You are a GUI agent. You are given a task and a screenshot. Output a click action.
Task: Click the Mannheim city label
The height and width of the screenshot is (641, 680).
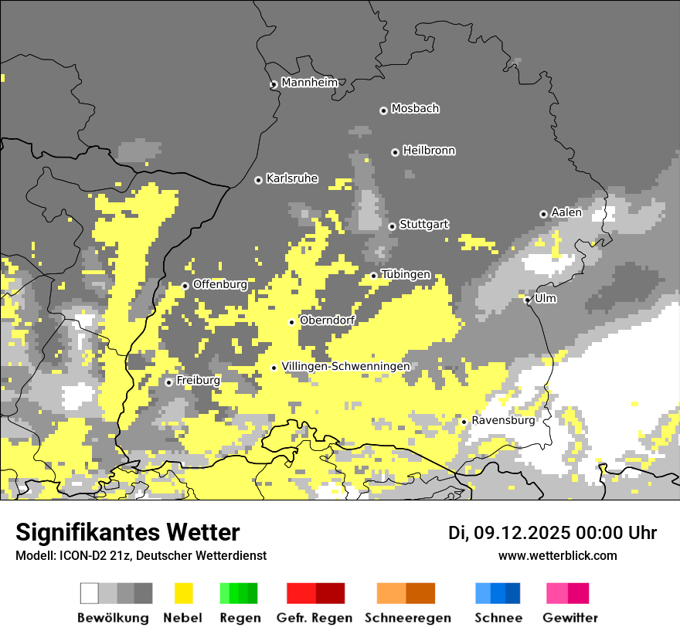(310, 83)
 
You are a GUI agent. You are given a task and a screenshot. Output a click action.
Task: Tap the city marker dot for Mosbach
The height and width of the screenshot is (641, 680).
(383, 110)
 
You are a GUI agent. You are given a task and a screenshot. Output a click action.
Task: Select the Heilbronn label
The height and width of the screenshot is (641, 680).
(429, 151)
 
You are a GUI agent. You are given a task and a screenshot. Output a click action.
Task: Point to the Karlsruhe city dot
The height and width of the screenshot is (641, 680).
(259, 180)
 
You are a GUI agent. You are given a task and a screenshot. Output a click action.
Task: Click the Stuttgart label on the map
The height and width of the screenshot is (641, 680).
(424, 225)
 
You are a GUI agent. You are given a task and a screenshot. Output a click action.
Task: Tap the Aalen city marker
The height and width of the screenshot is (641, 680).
(543, 214)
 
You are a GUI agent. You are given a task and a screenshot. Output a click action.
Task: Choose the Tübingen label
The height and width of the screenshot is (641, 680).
(406, 274)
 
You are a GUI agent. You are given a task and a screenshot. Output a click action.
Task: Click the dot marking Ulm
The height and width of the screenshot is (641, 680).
(528, 300)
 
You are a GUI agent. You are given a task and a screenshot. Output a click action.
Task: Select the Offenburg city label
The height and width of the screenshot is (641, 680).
(220, 284)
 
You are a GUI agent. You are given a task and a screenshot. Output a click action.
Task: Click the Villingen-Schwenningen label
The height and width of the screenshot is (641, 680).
(345, 366)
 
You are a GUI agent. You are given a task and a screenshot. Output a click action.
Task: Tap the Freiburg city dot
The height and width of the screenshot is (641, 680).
(168, 382)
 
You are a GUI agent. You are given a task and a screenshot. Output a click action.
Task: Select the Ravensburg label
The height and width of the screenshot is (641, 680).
(503, 421)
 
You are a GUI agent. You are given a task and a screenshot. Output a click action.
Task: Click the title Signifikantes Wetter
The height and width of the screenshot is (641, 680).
(127, 533)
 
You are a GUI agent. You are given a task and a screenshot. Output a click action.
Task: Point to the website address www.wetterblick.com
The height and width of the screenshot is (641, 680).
(557, 555)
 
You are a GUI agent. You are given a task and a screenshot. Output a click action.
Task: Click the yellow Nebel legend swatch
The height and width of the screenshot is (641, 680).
(183, 593)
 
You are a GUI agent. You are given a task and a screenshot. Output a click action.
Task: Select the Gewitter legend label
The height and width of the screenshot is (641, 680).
(570, 618)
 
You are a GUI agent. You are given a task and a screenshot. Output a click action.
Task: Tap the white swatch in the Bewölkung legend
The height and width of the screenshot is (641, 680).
(90, 593)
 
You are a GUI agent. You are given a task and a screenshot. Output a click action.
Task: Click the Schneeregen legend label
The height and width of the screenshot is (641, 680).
(408, 618)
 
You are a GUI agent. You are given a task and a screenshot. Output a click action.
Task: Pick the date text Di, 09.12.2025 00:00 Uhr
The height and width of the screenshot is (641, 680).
(552, 533)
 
